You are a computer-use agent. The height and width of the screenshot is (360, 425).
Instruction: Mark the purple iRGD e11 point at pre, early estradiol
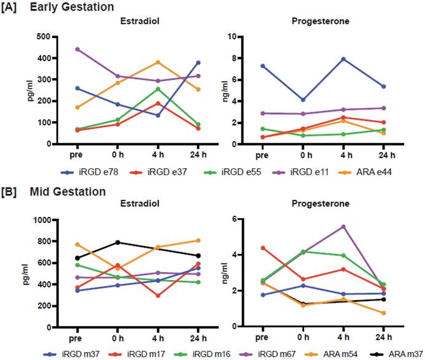pos(77,49)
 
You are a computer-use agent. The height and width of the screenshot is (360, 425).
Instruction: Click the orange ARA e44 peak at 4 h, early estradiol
pos(158,62)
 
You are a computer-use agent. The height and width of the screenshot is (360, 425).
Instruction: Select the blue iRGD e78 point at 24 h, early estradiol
pos(198,63)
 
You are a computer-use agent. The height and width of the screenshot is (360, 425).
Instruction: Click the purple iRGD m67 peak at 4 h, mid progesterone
pos(343,226)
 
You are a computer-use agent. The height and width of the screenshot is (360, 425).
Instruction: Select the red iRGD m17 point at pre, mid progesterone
pos(262,248)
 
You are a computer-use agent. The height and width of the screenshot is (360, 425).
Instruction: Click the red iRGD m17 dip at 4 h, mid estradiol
pos(158,295)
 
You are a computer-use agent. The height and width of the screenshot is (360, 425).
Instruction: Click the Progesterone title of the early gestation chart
pos(323,22)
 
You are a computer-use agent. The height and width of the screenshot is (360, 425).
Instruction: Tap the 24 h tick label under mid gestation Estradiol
pos(198,338)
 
